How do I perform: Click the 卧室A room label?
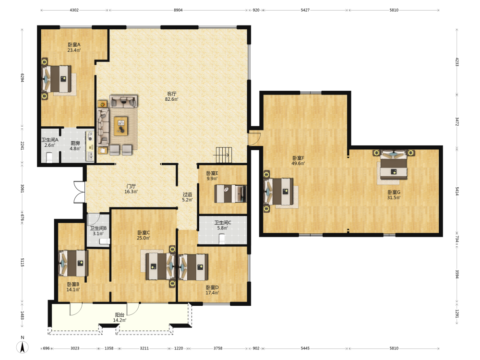coord(74,45)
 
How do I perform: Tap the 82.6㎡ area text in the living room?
coord(171,99)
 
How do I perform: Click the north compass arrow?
coord(23,347)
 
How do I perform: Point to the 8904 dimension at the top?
coord(178,10)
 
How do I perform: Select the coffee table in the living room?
coord(121,126)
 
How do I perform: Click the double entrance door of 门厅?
coord(79,192)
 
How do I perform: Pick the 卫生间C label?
coord(223,223)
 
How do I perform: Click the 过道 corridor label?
coord(187,194)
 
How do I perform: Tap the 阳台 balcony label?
coord(120,315)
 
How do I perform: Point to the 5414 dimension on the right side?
coord(457,192)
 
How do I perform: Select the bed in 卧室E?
coord(230,193)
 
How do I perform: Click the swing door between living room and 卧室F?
coord(254,138)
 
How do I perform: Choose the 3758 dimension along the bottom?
coord(218,348)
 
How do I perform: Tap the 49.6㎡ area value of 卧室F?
coord(298,164)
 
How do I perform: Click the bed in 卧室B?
coord(73,263)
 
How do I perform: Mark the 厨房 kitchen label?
coord(75,143)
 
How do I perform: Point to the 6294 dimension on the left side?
coord(23,77)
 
